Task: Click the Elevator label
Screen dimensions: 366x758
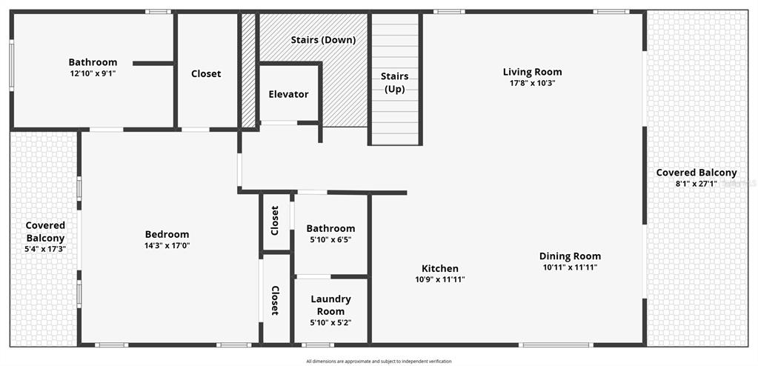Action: tap(288, 94)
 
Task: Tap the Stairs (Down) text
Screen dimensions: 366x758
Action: tap(323, 40)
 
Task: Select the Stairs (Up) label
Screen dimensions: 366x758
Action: tap(395, 82)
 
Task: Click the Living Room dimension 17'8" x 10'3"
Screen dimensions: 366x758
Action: tap(532, 83)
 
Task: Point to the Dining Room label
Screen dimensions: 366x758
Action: tap(569, 256)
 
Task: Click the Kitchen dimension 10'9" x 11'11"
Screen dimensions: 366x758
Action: tap(440, 279)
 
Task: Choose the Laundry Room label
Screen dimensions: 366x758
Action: tap(330, 305)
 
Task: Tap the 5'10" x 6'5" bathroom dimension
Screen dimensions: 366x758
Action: tap(330, 239)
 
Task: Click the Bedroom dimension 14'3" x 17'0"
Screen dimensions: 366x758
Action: tap(167, 245)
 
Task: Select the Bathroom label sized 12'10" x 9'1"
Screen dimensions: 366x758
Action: tap(93, 62)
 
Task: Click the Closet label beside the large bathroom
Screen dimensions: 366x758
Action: tap(206, 74)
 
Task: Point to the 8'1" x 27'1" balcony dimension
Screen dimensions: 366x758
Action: tap(697, 184)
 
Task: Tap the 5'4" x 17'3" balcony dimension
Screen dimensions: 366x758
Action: tap(45, 250)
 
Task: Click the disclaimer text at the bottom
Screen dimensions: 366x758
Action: tap(379, 362)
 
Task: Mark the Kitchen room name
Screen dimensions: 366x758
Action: tap(440, 268)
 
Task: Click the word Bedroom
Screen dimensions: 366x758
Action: tap(167, 234)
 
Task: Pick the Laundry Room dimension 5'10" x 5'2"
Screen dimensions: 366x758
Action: tap(330, 322)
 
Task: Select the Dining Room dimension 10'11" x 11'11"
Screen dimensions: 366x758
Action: tap(569, 267)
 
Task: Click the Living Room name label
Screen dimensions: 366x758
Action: tap(532, 72)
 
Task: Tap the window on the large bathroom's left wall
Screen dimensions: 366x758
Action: tap(11, 64)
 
